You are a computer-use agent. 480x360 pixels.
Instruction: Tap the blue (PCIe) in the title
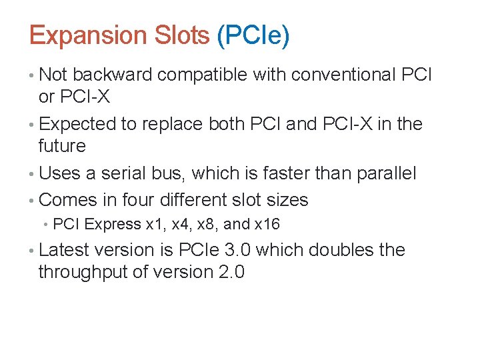pos(253,35)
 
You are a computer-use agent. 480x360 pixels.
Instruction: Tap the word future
pos(62,145)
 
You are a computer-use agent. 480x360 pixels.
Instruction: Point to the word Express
pos(113,224)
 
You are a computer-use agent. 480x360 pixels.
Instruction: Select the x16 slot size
pos(267,224)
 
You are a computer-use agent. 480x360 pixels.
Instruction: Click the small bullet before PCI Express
pos(45,225)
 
